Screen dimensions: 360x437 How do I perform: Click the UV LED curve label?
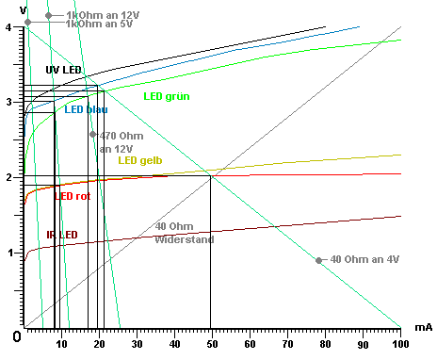pyautogui.click(x=65, y=71)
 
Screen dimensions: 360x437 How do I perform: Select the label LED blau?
pyautogui.click(x=86, y=109)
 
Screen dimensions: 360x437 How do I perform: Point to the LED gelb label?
pyautogui.click(x=139, y=160)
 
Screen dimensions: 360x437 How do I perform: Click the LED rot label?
pyautogui.click(x=73, y=196)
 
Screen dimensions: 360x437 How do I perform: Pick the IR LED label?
pyautogui.click(x=61, y=235)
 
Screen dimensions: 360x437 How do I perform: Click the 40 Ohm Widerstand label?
pyautogui.click(x=185, y=234)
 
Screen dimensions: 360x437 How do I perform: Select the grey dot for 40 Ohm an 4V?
pyautogui.click(x=319, y=260)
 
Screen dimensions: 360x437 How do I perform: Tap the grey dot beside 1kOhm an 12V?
pyautogui.click(x=48, y=16)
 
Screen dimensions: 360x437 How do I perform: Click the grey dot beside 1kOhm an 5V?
pyautogui.click(x=27, y=22)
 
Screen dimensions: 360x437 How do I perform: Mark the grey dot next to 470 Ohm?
pyautogui.click(x=92, y=134)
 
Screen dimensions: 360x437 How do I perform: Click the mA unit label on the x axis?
pyautogui.click(x=423, y=326)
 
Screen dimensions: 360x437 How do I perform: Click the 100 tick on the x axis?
pyautogui.click(x=401, y=344)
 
